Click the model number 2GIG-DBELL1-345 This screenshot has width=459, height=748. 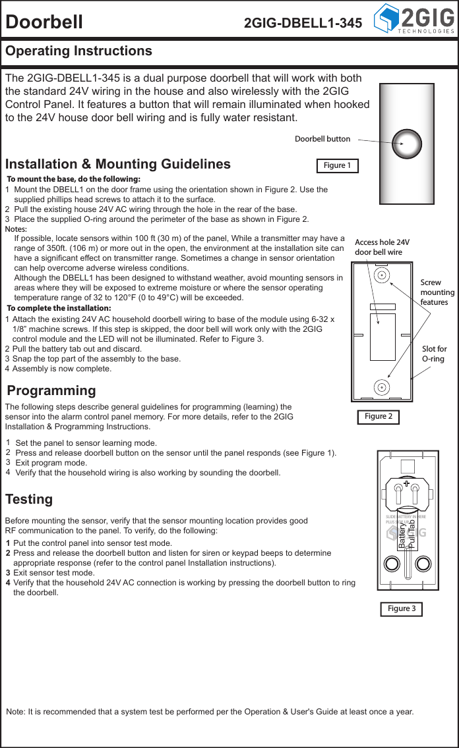pyautogui.click(x=303, y=23)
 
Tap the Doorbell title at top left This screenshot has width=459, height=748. pyautogui.click(x=44, y=22)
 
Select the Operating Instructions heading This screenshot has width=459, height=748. pyautogui.click(x=78, y=51)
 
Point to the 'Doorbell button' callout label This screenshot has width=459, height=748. pyautogui.click(x=322, y=139)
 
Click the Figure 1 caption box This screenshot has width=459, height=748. pyautogui.click(x=337, y=165)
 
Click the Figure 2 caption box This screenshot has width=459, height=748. pyautogui.click(x=379, y=416)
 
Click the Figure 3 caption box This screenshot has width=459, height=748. pyautogui.click(x=401, y=608)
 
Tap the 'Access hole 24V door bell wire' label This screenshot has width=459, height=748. pyautogui.click(x=382, y=247)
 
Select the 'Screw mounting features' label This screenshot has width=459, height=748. pyautogui.click(x=437, y=292)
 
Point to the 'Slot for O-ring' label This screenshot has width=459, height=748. pyautogui.click(x=434, y=354)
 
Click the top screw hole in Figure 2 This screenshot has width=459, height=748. pyautogui.click(x=381, y=275)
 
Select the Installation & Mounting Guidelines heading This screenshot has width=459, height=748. pyautogui.click(x=118, y=164)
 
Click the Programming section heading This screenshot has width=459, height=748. pyautogui.click(x=51, y=391)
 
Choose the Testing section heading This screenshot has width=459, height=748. pyautogui.click(x=29, y=499)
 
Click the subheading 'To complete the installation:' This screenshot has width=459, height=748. pyautogui.click(x=59, y=308)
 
